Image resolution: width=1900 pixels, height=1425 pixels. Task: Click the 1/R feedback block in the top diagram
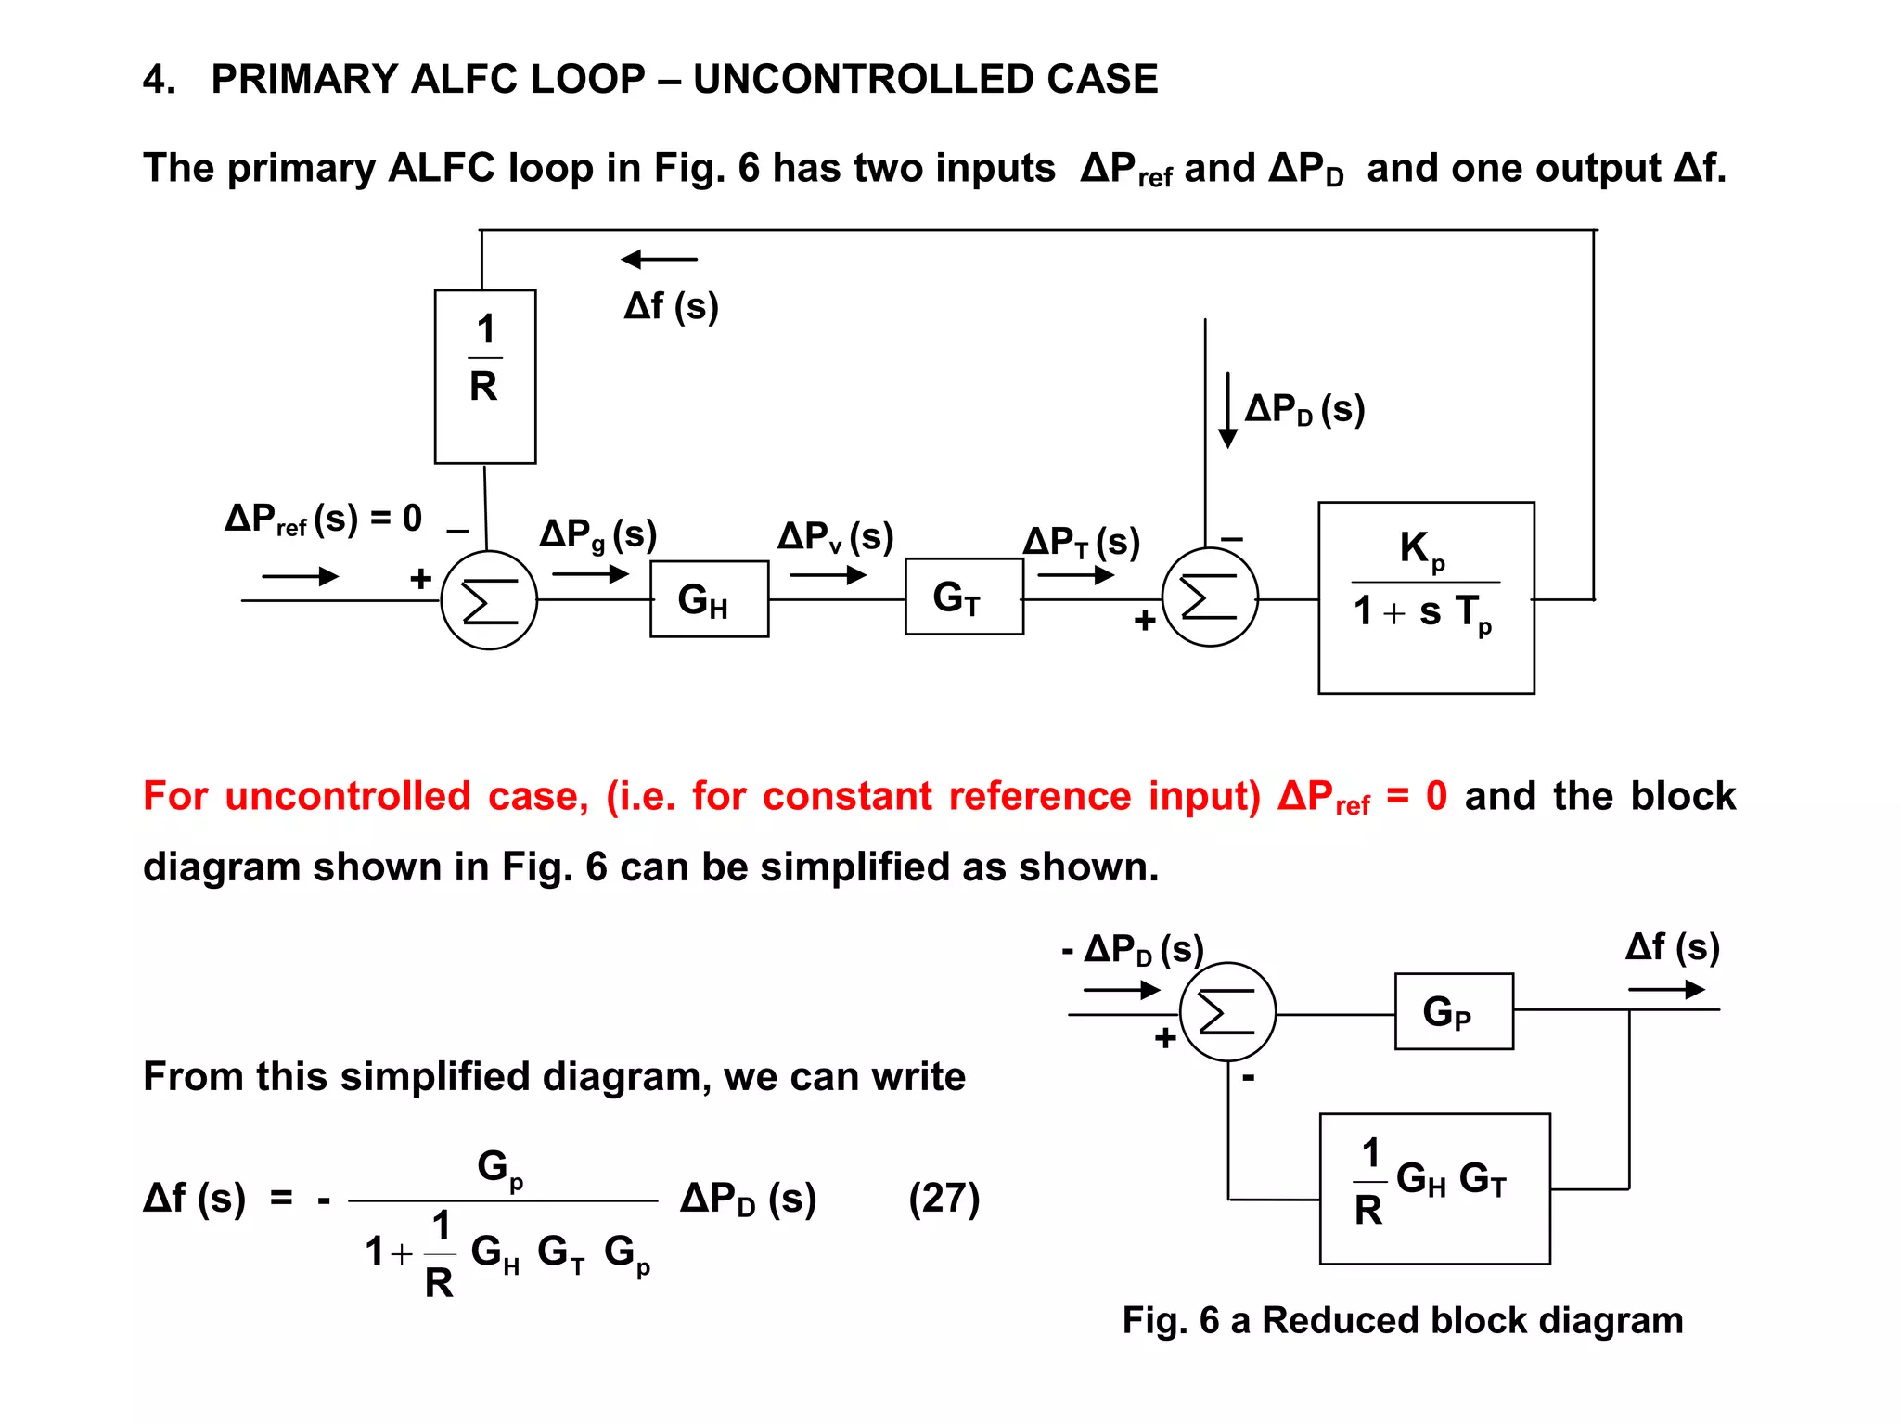(485, 376)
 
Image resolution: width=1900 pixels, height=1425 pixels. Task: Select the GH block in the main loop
(709, 599)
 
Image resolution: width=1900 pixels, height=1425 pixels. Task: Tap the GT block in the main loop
(964, 597)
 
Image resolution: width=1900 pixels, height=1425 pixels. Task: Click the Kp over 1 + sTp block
(1426, 597)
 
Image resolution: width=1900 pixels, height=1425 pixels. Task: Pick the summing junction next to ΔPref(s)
(489, 601)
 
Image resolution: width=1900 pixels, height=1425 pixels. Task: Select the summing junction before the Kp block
(1210, 598)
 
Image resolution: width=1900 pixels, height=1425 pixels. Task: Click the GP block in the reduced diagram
(1454, 1011)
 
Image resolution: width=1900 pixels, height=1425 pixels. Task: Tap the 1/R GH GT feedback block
(1434, 1188)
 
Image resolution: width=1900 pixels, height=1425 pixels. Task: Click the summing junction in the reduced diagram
(1227, 1012)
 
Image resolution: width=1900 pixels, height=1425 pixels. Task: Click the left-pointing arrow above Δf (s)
(659, 260)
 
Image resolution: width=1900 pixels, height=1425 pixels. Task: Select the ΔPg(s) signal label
(598, 535)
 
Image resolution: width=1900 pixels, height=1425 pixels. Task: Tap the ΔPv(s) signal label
(835, 537)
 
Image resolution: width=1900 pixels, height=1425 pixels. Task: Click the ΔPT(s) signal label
(1081, 542)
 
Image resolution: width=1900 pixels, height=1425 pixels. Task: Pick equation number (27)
(944, 1198)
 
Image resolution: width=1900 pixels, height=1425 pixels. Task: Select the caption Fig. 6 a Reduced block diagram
(1402, 1320)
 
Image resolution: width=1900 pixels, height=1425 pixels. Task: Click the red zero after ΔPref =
(1435, 796)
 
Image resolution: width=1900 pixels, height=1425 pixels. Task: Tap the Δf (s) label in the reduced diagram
(1672, 947)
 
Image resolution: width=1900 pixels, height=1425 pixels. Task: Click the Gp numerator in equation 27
(499, 1168)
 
